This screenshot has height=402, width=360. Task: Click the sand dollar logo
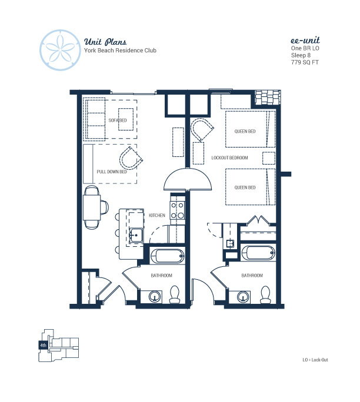60,50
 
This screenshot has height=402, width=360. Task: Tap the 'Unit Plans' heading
105,42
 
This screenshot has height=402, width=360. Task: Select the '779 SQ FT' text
305,62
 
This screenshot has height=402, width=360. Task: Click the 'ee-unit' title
305,40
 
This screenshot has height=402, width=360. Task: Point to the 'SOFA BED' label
118,120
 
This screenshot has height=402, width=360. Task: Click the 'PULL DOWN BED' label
112,172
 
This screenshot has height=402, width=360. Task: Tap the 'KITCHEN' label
157,215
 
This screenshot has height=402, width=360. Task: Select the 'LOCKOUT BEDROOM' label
229,158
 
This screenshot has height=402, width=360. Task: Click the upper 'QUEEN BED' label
245,131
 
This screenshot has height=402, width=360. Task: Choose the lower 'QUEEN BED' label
245,187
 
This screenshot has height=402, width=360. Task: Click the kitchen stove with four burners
178,210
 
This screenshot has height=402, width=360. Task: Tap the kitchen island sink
136,235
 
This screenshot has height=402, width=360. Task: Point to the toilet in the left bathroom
175,294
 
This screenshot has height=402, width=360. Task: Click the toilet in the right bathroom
265,294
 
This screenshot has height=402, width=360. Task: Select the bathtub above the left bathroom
167,256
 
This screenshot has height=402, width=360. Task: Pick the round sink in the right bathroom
243,297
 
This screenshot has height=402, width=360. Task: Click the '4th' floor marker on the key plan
43,345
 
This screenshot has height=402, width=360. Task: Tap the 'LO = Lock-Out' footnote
315,360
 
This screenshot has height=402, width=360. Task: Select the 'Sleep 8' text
301,55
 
